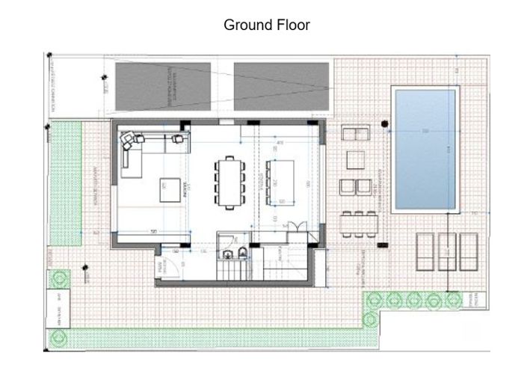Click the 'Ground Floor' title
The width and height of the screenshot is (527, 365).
coord(267,25)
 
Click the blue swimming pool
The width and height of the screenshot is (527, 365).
coord(424,150)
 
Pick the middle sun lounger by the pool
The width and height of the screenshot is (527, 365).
coord(447,249)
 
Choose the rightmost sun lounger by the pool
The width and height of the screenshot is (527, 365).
coord(469,249)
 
